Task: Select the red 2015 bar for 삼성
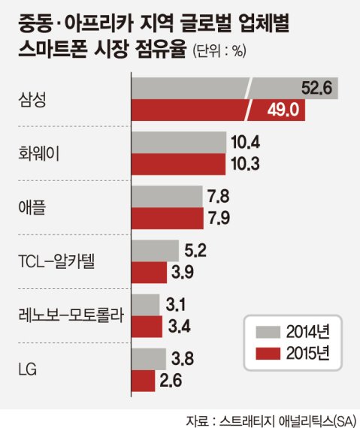[x=188, y=110]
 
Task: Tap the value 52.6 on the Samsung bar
[x=316, y=89]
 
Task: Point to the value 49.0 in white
[x=283, y=110]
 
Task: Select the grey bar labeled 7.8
[x=167, y=197]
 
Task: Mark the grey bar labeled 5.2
[x=155, y=251]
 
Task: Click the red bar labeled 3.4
[x=147, y=326]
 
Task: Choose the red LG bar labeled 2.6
[x=143, y=380]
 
